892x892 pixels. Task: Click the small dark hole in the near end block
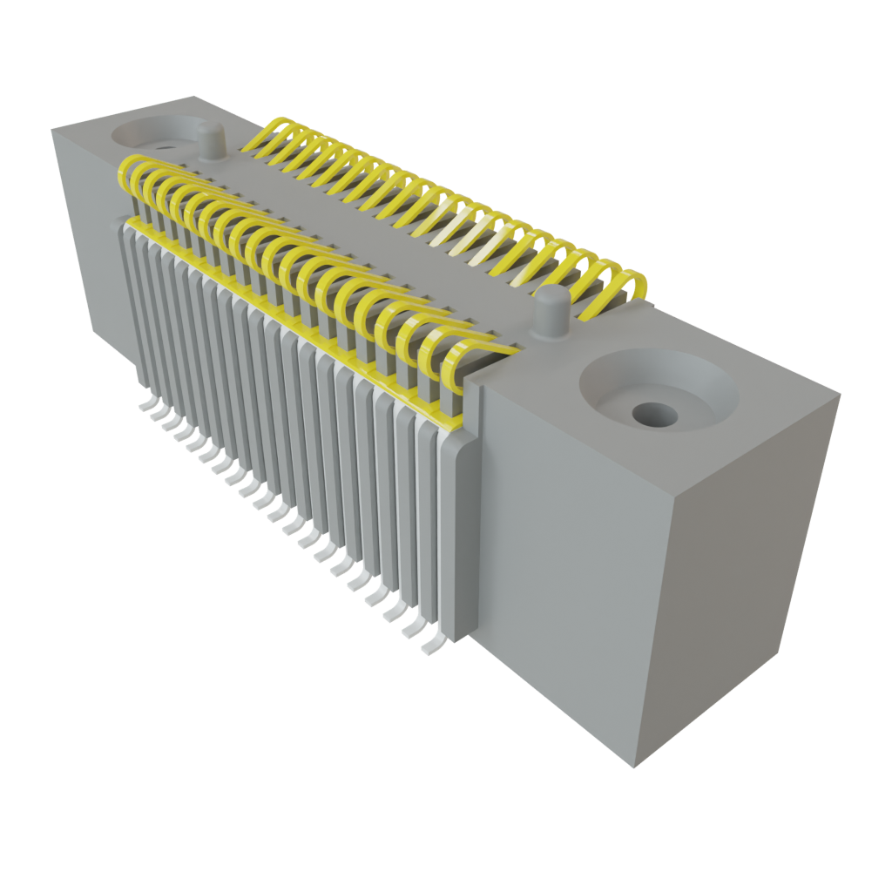coord(654,415)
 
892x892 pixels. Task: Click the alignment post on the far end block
coord(209,141)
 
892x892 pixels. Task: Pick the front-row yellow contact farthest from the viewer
coord(131,174)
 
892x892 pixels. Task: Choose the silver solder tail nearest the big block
coord(430,647)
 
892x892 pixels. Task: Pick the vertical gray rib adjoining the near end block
coord(459,540)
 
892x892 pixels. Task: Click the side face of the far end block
coord(87,235)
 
